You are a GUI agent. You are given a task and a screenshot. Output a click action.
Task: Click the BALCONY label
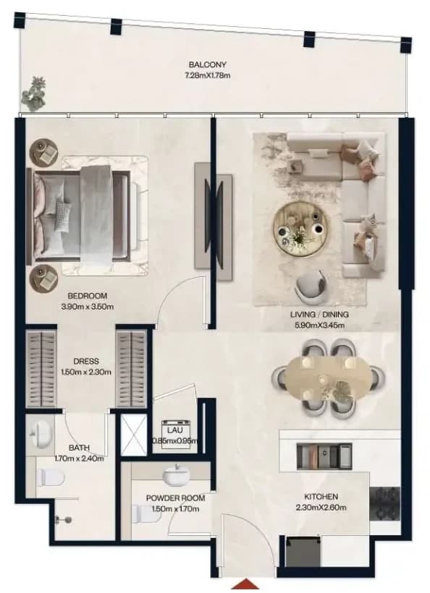click(x=207, y=64)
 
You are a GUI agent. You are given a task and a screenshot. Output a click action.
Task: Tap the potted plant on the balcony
click(x=34, y=94)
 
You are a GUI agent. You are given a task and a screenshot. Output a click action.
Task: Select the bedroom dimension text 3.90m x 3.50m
click(x=87, y=307)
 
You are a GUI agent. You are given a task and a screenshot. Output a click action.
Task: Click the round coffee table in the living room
click(x=301, y=229)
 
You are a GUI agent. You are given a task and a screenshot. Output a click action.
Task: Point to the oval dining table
click(x=328, y=380)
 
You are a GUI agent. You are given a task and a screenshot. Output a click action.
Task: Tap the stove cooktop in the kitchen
click(x=384, y=504)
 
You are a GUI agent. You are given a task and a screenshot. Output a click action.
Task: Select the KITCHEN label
click(x=321, y=497)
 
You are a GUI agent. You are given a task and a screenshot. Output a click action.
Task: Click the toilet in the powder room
click(x=145, y=514)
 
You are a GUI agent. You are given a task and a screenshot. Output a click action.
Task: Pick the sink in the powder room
click(x=177, y=474)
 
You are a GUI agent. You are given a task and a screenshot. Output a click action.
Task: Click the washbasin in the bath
click(x=41, y=434)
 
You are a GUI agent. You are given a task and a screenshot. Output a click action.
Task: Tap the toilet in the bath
click(x=51, y=477)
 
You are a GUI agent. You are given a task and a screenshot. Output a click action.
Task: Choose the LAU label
click(x=175, y=430)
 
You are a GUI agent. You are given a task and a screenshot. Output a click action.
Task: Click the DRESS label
click(x=86, y=361)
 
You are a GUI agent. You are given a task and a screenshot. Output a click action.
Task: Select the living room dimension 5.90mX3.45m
click(x=319, y=325)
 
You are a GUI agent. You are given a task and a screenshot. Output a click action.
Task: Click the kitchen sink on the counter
click(x=324, y=456)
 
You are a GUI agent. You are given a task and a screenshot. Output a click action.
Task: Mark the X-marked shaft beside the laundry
click(x=134, y=435)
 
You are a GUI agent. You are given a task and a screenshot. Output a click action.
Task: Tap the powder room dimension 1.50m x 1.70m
click(x=175, y=508)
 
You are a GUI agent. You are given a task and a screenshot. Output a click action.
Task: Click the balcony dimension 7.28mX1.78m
click(x=208, y=75)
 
